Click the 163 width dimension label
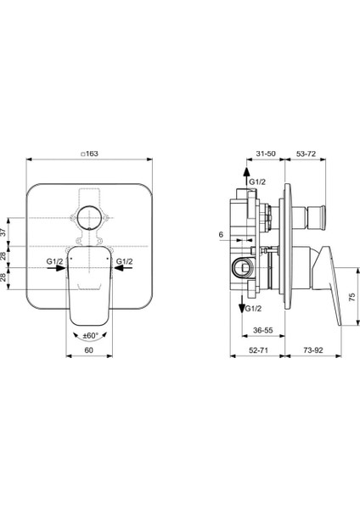[x=89, y=154]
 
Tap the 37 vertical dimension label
[x=3, y=232]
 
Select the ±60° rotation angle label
[x=90, y=336]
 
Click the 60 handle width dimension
[x=88, y=350]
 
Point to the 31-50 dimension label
[x=266, y=154]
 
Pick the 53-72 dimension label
[x=306, y=154]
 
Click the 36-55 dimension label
[x=263, y=331]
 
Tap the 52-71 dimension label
[x=258, y=350]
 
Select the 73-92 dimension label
[x=313, y=350]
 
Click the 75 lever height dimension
[x=352, y=297]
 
